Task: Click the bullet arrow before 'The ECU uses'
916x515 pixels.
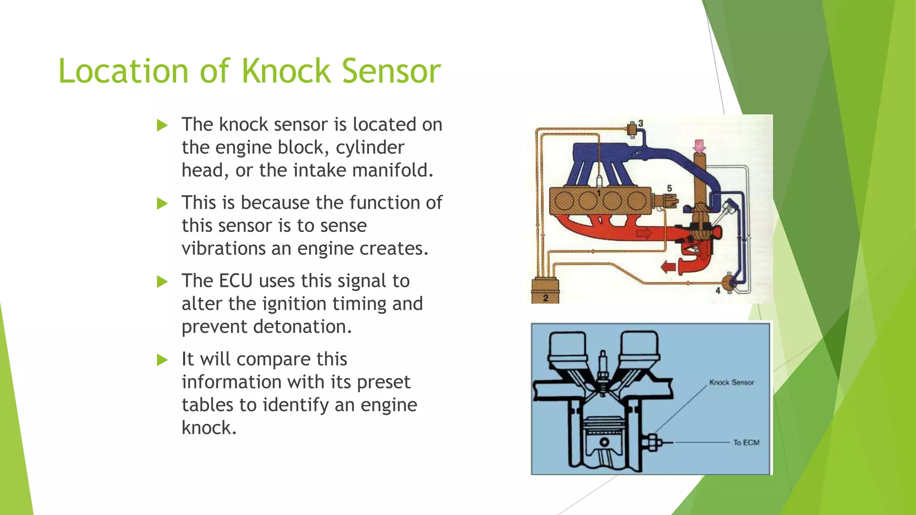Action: coord(162,282)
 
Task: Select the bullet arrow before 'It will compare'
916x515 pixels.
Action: coord(162,360)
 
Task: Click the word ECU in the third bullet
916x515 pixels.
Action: coord(236,281)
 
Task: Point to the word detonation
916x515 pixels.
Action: coord(302,327)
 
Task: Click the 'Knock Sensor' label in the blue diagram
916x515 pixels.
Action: coord(731,383)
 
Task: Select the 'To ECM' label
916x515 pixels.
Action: coord(746,443)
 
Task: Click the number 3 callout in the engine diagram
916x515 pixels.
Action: coord(641,123)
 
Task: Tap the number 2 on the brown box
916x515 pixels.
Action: coord(546,298)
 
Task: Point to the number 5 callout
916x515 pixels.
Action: coord(670,188)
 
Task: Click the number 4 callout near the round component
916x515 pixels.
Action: coord(718,291)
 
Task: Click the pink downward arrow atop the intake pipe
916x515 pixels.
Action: coord(699,146)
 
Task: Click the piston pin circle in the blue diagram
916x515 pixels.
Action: coord(605,442)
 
